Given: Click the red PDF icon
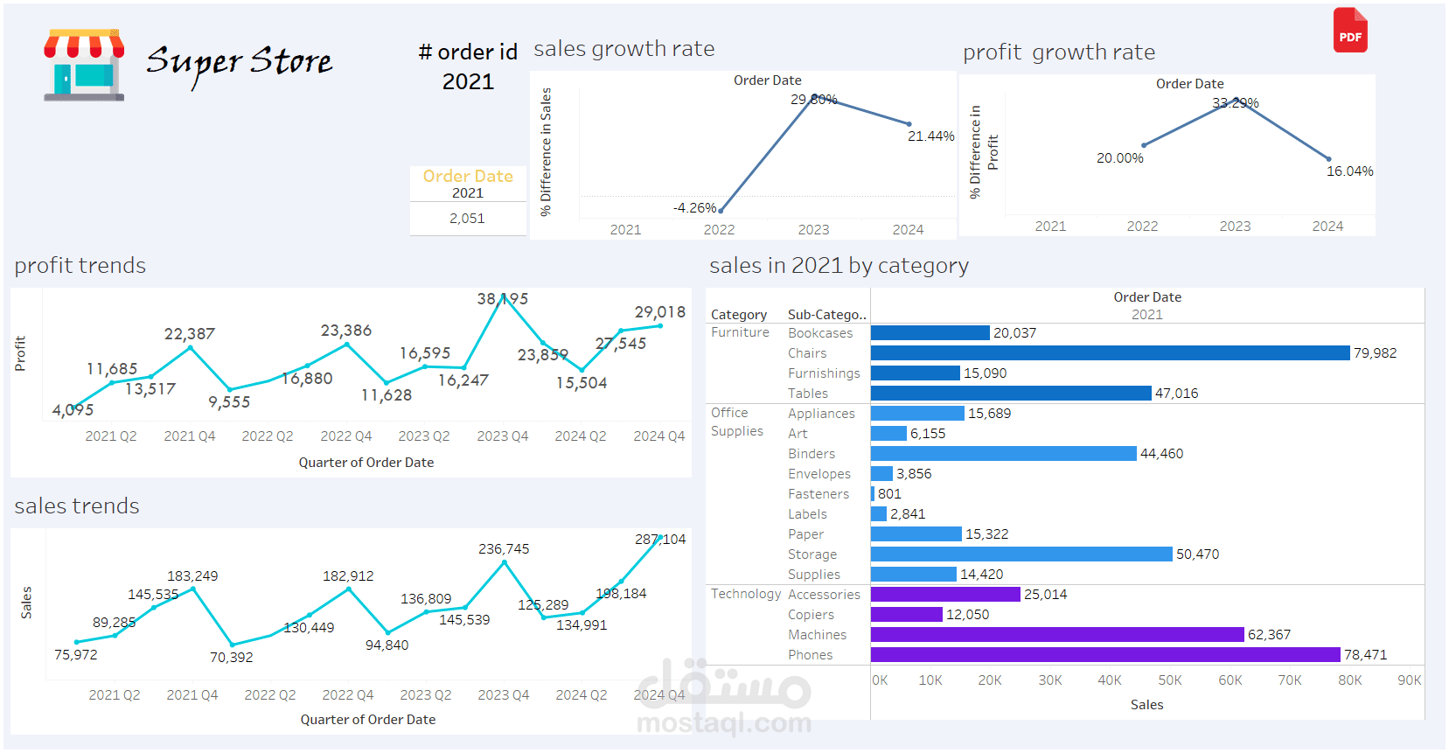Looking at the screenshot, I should [1349, 31].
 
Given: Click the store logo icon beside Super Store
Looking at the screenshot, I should [84, 66].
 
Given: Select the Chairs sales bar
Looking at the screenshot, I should [1110, 353].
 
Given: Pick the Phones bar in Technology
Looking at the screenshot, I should [1104, 655].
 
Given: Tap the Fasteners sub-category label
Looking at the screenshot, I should [818, 494].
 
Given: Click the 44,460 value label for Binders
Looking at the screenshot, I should [1161, 454].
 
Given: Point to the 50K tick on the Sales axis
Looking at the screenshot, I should [1169, 680].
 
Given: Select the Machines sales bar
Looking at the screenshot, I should [1056, 635].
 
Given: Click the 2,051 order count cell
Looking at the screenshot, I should [467, 219].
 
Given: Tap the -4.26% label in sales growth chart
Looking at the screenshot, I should [694, 208].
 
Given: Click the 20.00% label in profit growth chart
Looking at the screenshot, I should [1119, 158].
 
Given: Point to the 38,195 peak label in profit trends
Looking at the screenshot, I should [502, 299].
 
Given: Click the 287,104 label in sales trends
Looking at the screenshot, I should [660, 540].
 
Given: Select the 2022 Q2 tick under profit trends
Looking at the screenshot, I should [268, 436].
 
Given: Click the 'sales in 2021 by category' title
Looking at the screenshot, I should [839, 266].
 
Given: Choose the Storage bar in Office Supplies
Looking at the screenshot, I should [1021, 554].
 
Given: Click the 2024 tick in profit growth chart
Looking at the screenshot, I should [1327, 227].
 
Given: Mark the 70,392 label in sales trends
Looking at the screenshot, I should [231, 658].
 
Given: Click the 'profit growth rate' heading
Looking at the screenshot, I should [1058, 52].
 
